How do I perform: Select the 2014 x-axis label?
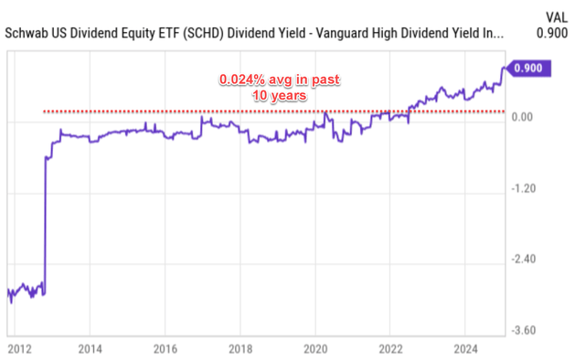[x=90, y=348]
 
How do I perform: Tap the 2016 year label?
[x=165, y=348]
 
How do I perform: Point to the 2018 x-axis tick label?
[x=239, y=348]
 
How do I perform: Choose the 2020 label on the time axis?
[x=314, y=348]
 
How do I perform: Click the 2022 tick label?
[x=389, y=348]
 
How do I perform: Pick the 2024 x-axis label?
[x=464, y=348]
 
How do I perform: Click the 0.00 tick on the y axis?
[x=524, y=117]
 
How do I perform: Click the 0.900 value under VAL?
[x=553, y=34]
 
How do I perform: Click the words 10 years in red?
[x=279, y=95]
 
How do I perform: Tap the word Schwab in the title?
[x=27, y=34]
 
